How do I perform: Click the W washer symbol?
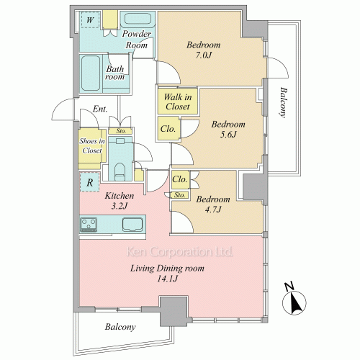90,19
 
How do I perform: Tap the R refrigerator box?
89,181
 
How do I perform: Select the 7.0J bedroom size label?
203,55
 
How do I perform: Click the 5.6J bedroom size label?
228,135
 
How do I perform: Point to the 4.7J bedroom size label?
213,210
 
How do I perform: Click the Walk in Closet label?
178,102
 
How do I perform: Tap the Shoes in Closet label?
92,145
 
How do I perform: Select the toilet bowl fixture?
120,171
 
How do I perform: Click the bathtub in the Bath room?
91,73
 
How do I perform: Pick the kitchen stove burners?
89,225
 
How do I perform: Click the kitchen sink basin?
132,225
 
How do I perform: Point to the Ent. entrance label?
100,109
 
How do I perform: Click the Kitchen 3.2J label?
120,201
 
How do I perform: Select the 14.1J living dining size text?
167,279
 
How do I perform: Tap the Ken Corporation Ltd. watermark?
179,252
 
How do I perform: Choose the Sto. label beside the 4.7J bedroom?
179,195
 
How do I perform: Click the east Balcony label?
284,102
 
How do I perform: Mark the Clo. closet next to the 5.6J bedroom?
168,129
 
